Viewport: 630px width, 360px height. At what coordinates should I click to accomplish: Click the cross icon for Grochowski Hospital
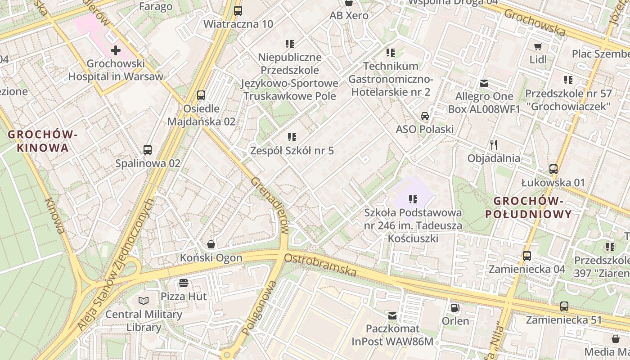[116, 50]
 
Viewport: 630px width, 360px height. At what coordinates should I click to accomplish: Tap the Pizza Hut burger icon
[183, 283]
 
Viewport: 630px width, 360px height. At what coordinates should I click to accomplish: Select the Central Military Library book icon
[144, 301]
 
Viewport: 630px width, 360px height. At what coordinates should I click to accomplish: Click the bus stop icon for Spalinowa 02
[147, 149]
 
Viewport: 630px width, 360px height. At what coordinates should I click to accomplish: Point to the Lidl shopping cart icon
[538, 46]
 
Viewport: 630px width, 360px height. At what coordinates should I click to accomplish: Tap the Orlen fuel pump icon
[455, 308]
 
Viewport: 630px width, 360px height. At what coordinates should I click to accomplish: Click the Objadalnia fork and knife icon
[494, 144]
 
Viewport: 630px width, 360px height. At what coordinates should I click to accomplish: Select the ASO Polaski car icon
[424, 116]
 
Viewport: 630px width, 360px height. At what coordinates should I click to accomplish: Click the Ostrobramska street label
[320, 265]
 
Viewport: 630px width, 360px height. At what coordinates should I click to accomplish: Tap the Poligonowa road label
[258, 308]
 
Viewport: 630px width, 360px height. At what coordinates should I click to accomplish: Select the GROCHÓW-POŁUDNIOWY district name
[528, 207]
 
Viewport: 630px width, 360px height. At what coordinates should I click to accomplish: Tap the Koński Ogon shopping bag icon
[211, 244]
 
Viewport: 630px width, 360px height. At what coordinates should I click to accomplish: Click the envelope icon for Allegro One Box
[484, 83]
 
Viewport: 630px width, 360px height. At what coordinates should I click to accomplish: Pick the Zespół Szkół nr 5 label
[292, 150]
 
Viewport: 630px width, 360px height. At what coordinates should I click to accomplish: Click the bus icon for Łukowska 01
[553, 169]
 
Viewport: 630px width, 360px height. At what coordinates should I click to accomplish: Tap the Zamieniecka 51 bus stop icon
[564, 306]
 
